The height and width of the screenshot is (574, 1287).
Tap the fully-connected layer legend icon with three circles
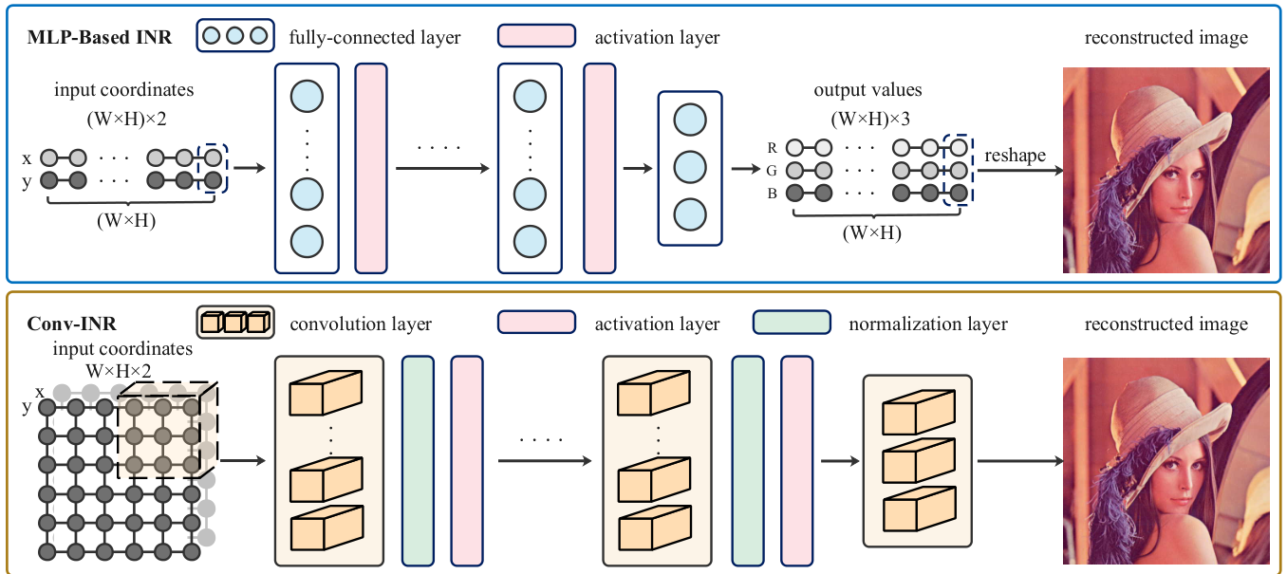235,37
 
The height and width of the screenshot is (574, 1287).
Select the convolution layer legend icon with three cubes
233,323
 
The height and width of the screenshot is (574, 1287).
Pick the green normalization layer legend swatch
792,323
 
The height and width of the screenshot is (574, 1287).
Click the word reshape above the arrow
1015,156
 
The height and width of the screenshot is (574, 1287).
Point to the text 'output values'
867,90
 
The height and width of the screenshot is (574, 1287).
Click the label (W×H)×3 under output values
867,120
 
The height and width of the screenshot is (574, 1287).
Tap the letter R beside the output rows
774,148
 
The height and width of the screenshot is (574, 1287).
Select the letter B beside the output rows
774,193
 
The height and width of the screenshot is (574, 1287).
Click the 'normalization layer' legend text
928,324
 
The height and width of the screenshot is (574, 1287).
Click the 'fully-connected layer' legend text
375,38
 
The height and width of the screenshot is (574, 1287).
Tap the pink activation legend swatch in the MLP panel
536,36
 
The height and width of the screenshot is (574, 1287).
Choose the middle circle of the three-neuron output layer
689,167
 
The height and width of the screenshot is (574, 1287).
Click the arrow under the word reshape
1019,172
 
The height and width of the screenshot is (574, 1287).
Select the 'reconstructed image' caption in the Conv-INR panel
1166,324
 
